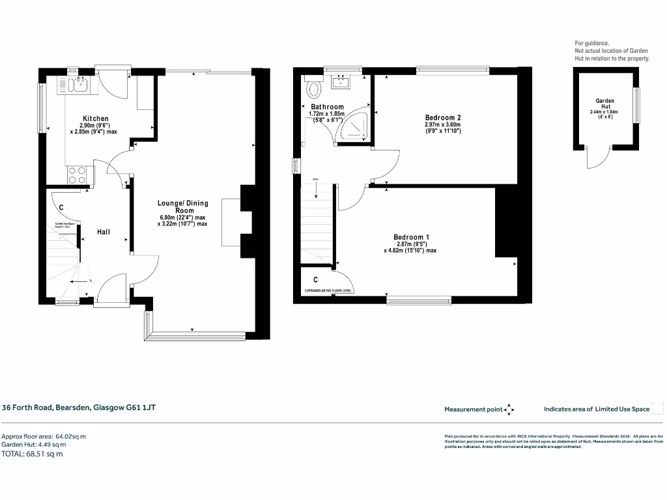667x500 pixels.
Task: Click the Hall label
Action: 104,231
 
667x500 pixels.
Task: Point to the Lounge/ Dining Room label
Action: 182,207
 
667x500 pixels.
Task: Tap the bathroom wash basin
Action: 341,81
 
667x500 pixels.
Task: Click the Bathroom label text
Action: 327,107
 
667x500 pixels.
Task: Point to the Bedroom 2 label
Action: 442,117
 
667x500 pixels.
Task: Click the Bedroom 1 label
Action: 410,237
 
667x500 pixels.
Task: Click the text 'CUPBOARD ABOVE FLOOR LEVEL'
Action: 328,291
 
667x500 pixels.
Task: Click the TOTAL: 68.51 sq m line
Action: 33,454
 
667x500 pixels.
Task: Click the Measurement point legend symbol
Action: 510,410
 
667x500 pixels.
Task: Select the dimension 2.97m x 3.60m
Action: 442,124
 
